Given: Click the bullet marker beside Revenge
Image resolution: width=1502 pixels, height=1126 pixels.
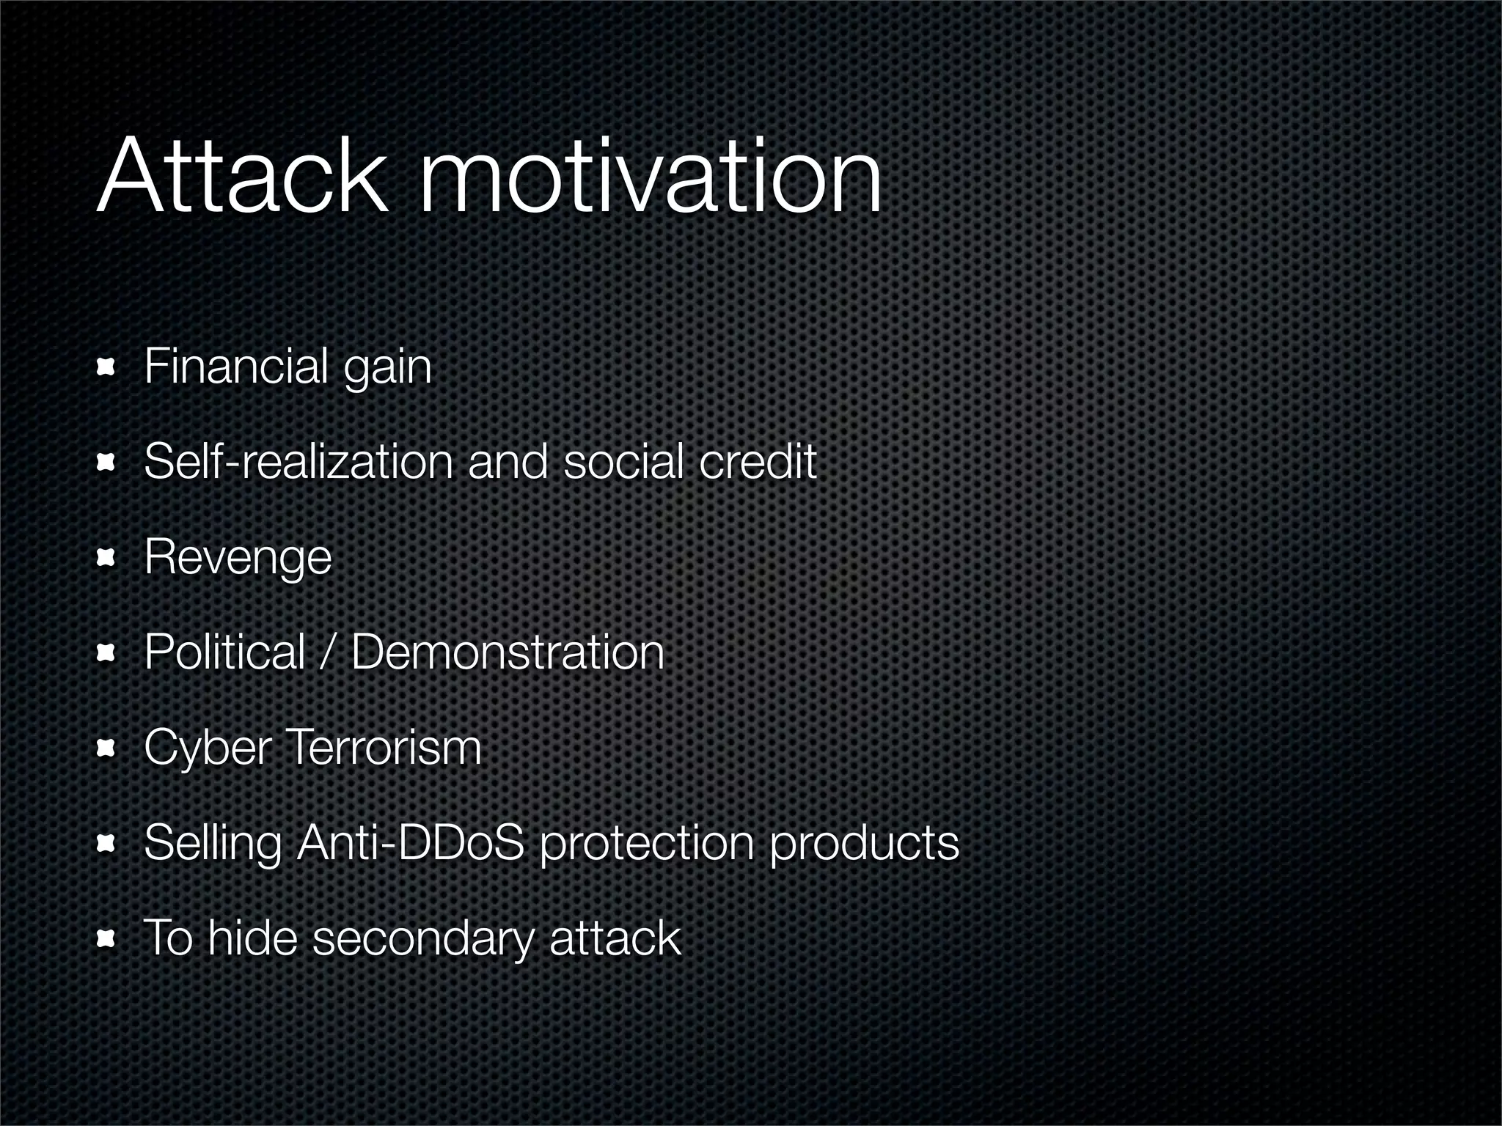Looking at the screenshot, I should point(107,559).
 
